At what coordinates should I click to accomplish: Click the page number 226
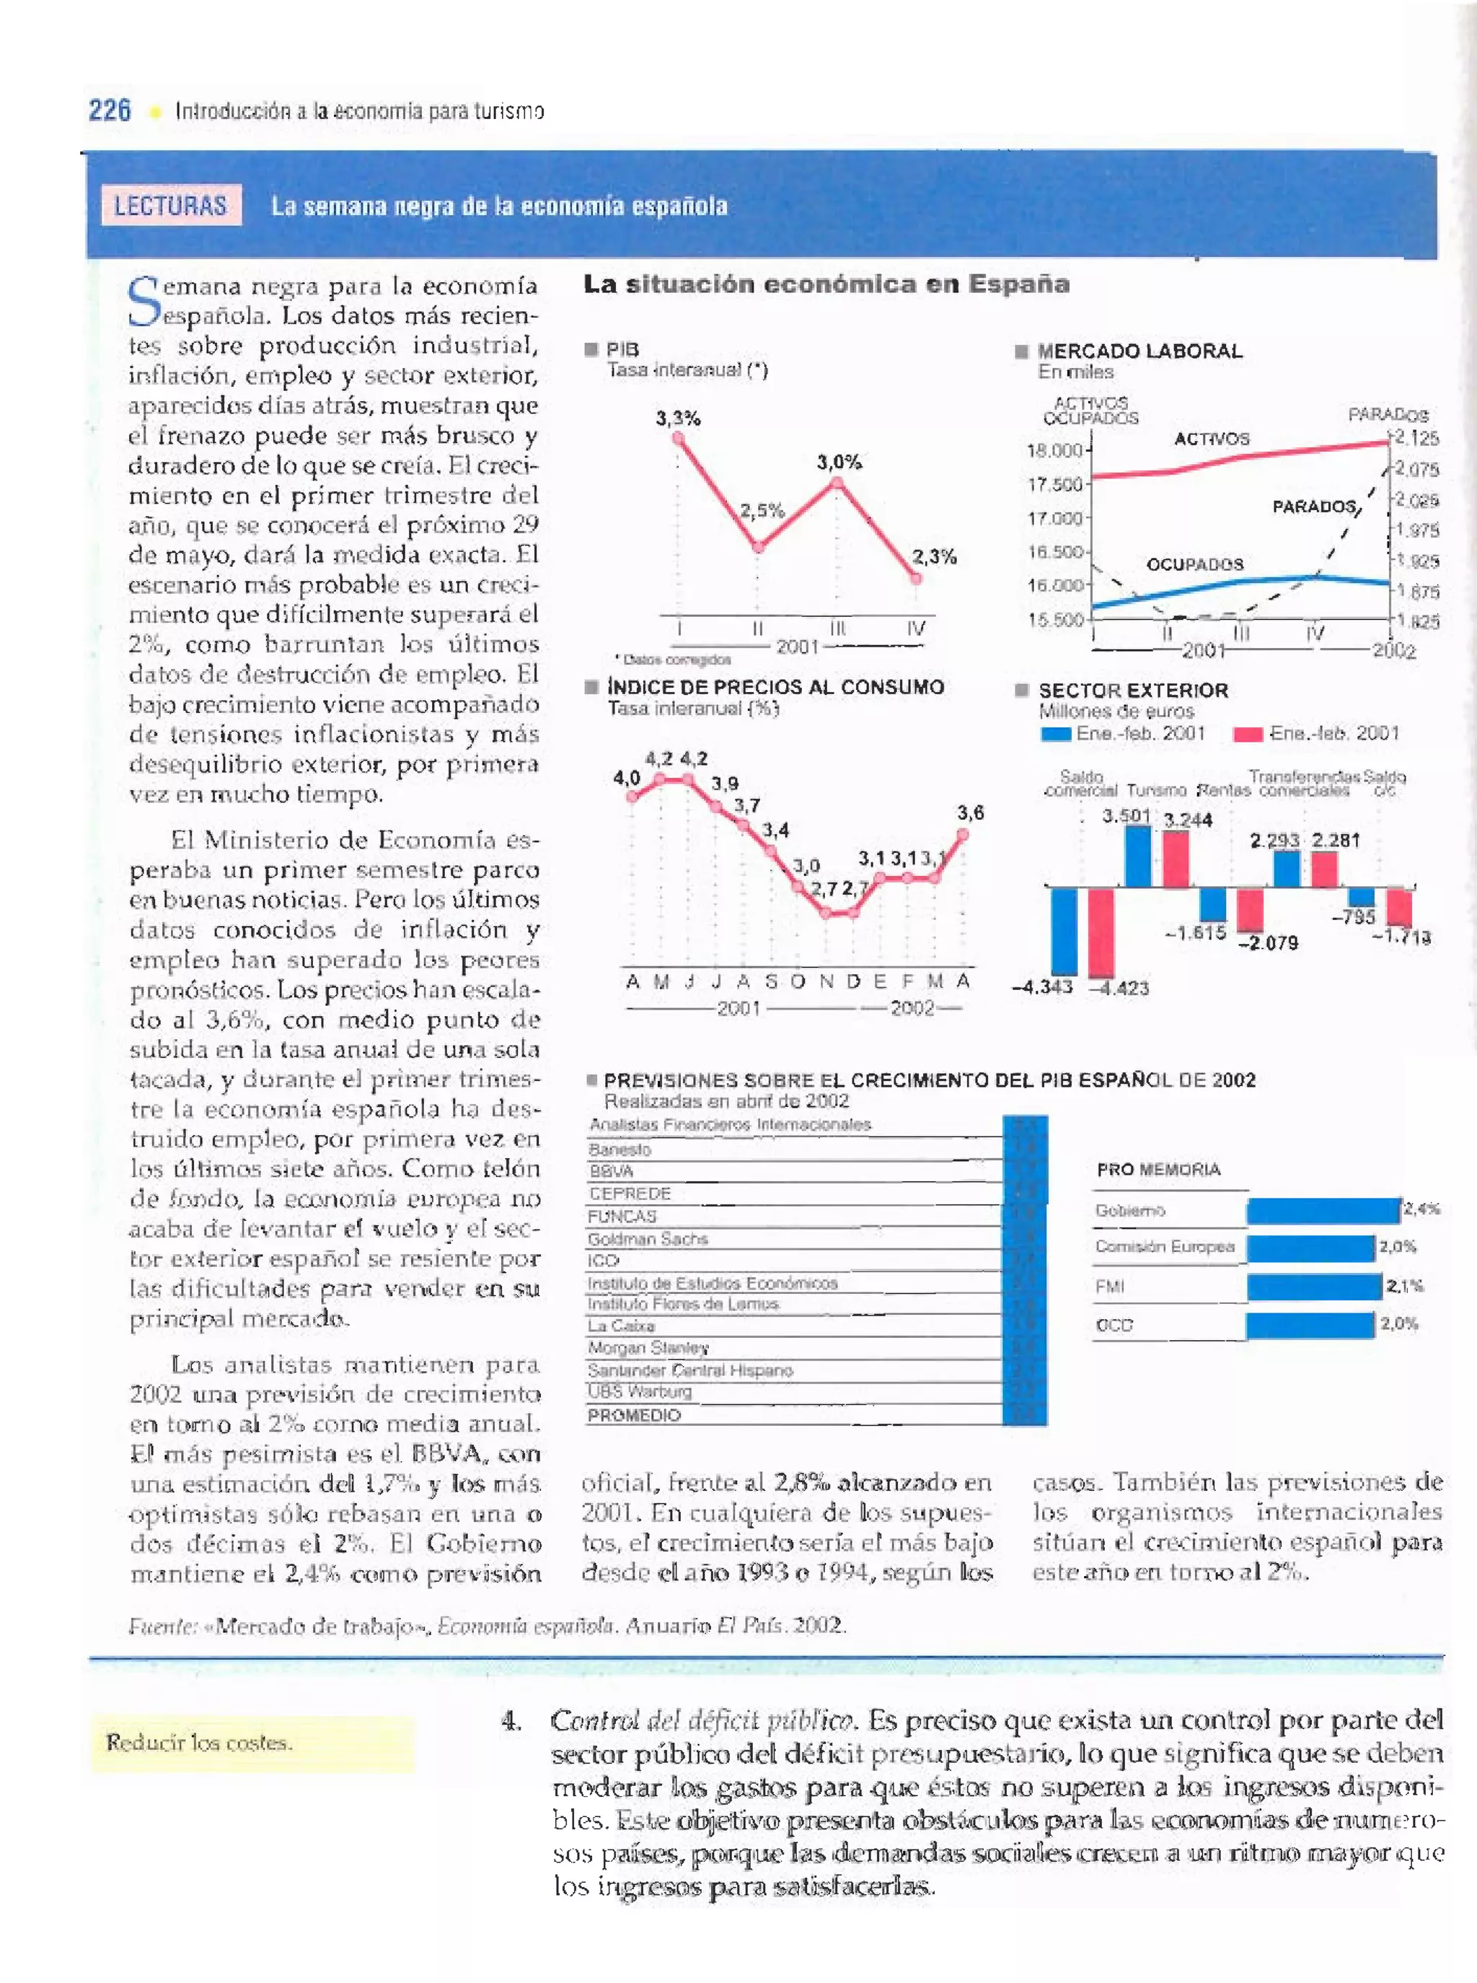(109, 111)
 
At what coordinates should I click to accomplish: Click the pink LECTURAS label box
(171, 206)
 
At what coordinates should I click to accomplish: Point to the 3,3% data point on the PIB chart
(678, 437)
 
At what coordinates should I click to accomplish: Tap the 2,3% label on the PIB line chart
(934, 556)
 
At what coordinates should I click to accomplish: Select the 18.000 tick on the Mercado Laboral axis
(1055, 451)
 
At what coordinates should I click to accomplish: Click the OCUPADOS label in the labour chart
(1194, 564)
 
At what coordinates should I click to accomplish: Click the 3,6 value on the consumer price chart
(970, 813)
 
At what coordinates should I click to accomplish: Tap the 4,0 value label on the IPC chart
(626, 778)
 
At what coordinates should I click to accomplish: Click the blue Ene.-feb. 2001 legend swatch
(1056, 735)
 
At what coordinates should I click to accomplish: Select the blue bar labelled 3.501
(1137, 856)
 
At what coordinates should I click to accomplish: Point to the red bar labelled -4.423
(1101, 932)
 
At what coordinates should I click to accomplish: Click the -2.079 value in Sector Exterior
(1268, 942)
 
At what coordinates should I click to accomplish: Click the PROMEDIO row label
(634, 1415)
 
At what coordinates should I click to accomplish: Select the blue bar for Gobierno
(1323, 1210)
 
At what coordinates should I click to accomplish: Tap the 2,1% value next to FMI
(1405, 1286)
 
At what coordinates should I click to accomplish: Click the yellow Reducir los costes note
(252, 1743)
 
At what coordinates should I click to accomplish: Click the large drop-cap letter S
(143, 302)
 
